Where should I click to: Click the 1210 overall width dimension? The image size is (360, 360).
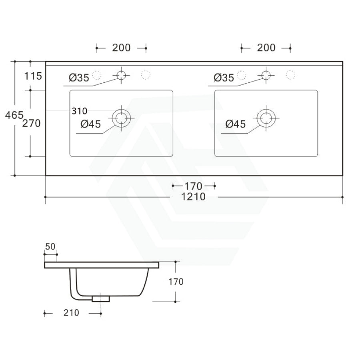point(194,197)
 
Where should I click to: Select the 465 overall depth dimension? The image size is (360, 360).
point(14,116)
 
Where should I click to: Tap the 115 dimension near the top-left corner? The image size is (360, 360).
point(33,76)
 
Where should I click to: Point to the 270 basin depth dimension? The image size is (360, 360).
point(31,123)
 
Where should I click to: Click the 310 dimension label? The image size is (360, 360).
point(80,111)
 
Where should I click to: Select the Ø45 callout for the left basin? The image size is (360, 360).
point(91,124)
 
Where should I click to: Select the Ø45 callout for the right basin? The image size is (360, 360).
point(235,124)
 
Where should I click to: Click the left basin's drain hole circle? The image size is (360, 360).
point(121,118)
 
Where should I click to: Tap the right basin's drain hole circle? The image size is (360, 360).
point(266,118)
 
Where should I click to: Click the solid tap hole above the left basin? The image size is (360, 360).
point(121,74)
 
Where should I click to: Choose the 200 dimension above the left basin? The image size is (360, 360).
point(121,48)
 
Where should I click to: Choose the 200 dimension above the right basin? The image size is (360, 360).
point(266,48)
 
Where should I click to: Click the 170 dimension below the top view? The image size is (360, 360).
point(194,186)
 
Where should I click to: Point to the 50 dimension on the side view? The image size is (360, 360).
point(50,246)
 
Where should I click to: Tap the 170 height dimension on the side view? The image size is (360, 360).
point(175,282)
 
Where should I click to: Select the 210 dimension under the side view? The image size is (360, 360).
point(71,313)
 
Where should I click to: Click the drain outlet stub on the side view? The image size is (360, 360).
point(100,298)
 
